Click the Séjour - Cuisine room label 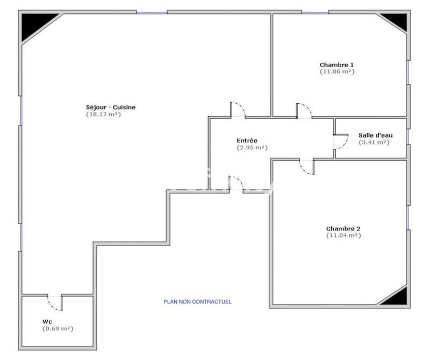coord(111,107)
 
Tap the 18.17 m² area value coord(103,114)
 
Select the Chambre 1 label coord(336,65)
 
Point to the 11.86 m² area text coord(337,71)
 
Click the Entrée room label coord(247,140)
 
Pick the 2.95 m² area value coord(252,147)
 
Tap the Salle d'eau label coord(375,135)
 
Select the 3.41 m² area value coord(374,142)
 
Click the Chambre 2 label coord(343,228)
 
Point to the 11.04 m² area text coord(343,235)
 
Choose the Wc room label coord(47,321)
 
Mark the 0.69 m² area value coord(58,328)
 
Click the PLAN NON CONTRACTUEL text coord(197,302)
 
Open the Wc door coord(54,303)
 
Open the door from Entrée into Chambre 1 coord(304,111)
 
